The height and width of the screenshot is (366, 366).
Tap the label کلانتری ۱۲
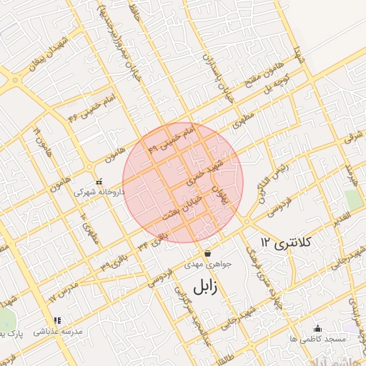287,243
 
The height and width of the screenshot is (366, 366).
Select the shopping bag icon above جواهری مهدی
207,253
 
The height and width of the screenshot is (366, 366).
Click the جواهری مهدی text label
207,264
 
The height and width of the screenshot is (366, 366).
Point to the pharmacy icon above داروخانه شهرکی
99,182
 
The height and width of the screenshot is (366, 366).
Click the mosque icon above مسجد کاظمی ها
317,328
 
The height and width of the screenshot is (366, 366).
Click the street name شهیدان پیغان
56,53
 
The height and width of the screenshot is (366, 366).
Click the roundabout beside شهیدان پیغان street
16,80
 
